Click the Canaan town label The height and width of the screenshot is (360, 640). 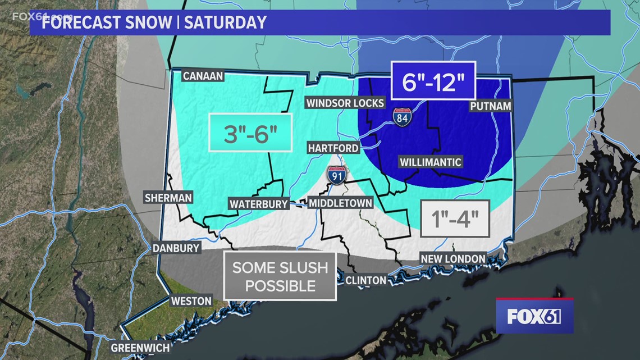click(x=203, y=76)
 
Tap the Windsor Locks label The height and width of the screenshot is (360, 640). click(x=345, y=103)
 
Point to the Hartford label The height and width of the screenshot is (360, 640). click(x=333, y=148)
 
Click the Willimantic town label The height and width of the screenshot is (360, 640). click(x=431, y=162)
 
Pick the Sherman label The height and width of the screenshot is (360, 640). click(x=168, y=198)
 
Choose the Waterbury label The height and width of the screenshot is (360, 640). click(x=259, y=204)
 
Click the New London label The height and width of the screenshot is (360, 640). click(x=454, y=258)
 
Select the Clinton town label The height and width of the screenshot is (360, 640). click(x=365, y=280)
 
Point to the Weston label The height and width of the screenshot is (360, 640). click(x=191, y=300)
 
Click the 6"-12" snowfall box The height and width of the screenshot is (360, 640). click(x=433, y=82)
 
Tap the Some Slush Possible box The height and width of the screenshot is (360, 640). click(x=280, y=276)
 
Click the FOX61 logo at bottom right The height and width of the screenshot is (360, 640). click(x=534, y=316)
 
